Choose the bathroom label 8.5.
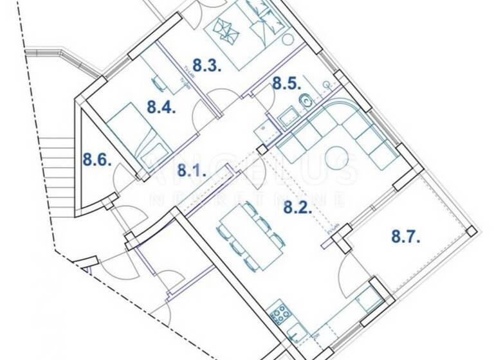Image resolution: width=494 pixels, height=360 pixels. [285, 83]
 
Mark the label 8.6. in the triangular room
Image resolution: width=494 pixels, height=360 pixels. [96, 158]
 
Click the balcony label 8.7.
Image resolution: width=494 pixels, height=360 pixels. [406, 237]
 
